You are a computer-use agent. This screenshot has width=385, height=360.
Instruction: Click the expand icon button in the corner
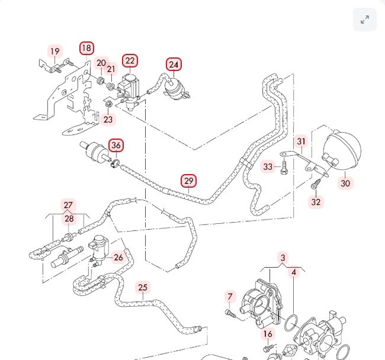(x=365, y=20)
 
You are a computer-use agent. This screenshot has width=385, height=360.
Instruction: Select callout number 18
(x=86, y=48)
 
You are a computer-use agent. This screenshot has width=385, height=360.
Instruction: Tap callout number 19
(x=54, y=52)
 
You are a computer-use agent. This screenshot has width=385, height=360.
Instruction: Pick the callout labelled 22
(x=130, y=60)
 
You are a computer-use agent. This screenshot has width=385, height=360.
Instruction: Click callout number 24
(x=174, y=64)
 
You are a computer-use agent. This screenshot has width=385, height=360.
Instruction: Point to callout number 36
(x=116, y=145)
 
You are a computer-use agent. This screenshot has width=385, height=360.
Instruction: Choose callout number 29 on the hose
(x=188, y=181)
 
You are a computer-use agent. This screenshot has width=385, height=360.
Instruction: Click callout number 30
(x=345, y=184)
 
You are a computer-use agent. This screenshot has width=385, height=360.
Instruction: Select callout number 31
(x=301, y=142)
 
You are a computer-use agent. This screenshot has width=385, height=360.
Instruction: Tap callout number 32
(x=316, y=202)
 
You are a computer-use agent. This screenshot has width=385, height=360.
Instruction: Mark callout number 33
(x=268, y=167)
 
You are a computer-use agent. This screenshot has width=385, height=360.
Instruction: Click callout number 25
(x=143, y=288)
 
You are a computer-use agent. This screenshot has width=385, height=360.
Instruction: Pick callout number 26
(x=118, y=257)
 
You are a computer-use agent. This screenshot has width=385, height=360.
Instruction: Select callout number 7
(x=230, y=296)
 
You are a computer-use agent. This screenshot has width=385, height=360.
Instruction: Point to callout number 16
(x=268, y=334)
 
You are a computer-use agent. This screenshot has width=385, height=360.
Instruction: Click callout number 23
(x=108, y=120)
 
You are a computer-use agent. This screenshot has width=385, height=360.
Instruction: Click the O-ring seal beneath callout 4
(x=291, y=322)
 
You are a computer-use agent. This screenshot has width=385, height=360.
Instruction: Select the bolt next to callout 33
(x=285, y=168)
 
